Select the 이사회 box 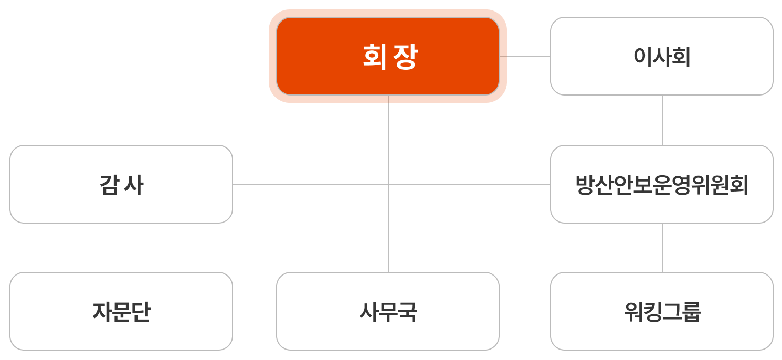(x=661, y=56)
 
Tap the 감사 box (x=121, y=184)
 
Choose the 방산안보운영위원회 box (x=661, y=184)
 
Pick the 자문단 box (x=121, y=311)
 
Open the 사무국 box (x=387, y=311)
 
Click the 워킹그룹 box (x=661, y=311)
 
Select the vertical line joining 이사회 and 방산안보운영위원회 (x=663, y=120)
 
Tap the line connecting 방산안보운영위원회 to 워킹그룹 (x=663, y=248)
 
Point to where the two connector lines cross (x=389, y=184)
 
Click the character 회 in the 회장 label (x=373, y=56)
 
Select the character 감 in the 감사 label (x=109, y=185)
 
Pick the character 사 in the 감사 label (x=134, y=185)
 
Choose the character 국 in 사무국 (x=407, y=312)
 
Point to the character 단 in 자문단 (x=140, y=312)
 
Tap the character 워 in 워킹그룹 (x=633, y=312)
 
